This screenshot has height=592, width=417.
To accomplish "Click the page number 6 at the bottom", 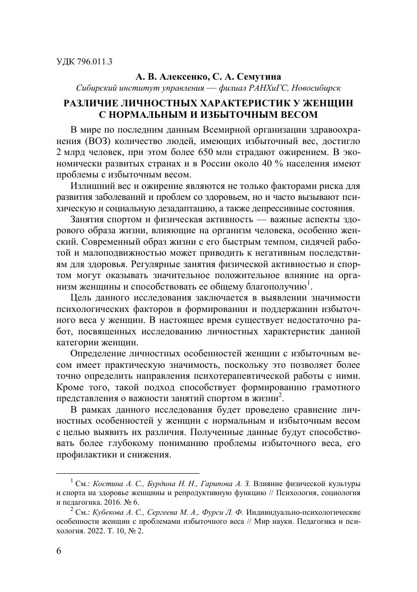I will click(x=59, y=551).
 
